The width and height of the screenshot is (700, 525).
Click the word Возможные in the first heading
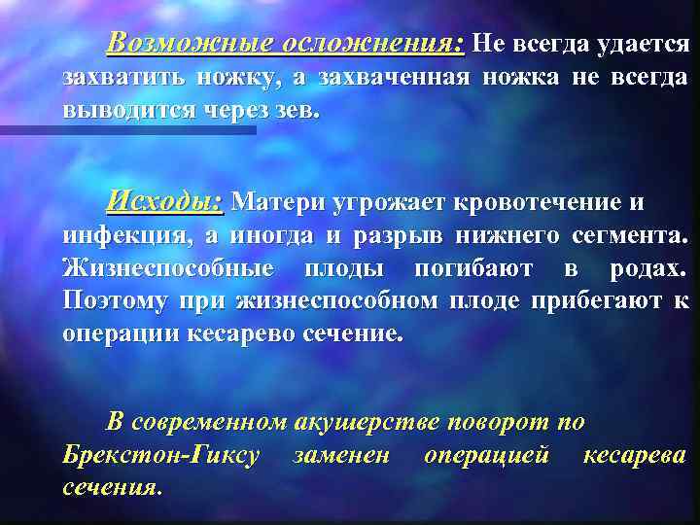pyautogui.click(x=192, y=43)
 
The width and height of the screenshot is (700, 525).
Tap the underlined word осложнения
pyautogui.click(x=371, y=43)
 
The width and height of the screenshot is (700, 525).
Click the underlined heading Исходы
pyautogui.click(x=165, y=201)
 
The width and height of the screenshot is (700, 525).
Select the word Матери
pyautogui.click(x=279, y=202)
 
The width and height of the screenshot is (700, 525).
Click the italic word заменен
pyautogui.click(x=341, y=455)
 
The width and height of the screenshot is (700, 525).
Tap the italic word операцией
pyautogui.click(x=486, y=455)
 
